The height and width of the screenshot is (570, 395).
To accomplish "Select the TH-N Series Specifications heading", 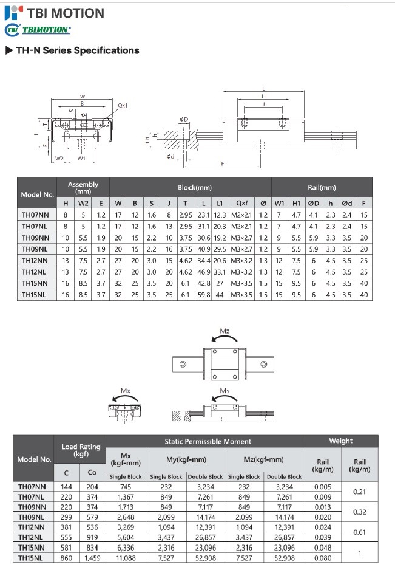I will pos(73,50).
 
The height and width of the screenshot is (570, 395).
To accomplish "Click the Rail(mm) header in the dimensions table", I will pos(322,188).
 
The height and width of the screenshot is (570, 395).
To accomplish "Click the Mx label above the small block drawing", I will pos(126,390).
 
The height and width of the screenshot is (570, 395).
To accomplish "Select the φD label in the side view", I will pos(183,119).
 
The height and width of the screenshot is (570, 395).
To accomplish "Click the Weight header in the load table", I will pos(340,441).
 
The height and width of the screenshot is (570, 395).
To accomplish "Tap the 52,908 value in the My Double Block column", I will pos(204,557).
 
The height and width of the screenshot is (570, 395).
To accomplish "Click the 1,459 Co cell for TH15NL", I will pos(92,557).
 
